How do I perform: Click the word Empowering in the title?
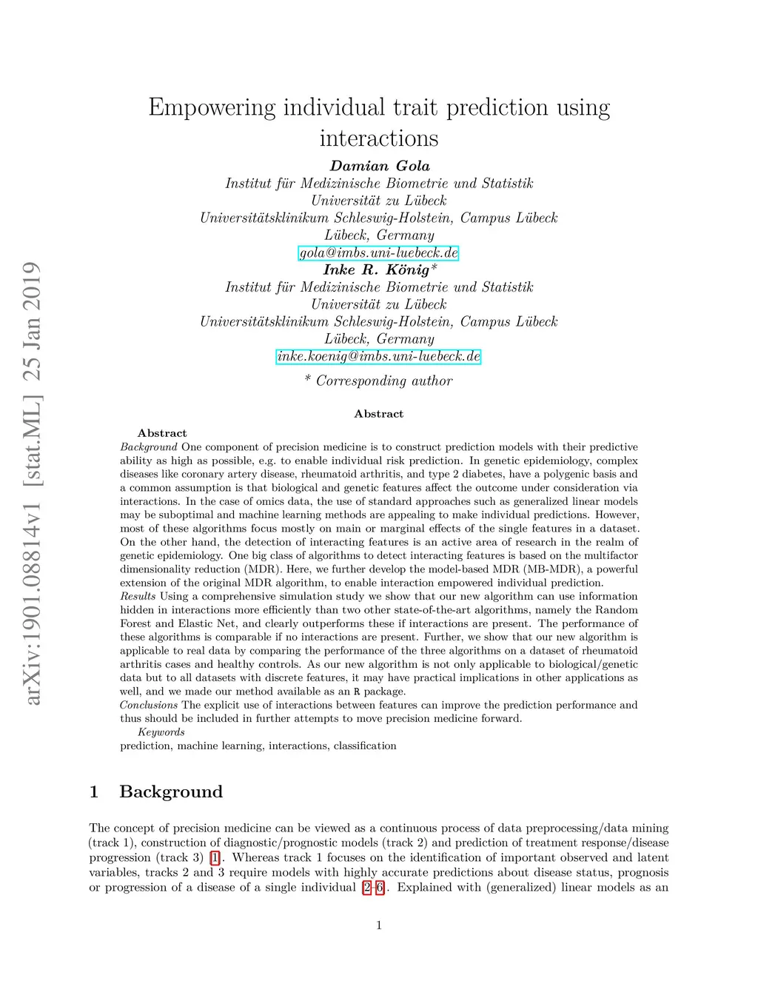click(x=211, y=108)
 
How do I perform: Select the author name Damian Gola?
click(x=379, y=166)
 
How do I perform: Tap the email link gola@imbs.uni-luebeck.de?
click(x=379, y=253)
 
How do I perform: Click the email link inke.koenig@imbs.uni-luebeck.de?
click(x=379, y=357)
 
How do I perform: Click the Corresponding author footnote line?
click(x=379, y=381)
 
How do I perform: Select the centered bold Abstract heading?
click(x=379, y=414)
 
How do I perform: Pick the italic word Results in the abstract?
click(x=138, y=597)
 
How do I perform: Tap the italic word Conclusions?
click(x=149, y=706)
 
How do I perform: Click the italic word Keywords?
click(x=161, y=732)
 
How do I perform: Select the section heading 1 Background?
click(x=156, y=791)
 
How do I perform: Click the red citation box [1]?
click(x=215, y=858)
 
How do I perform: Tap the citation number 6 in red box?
click(x=380, y=888)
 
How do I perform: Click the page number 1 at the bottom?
click(x=379, y=925)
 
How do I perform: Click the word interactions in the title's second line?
click(x=379, y=138)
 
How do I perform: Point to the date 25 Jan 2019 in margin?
click(x=31, y=321)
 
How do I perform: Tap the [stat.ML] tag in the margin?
click(x=31, y=441)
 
